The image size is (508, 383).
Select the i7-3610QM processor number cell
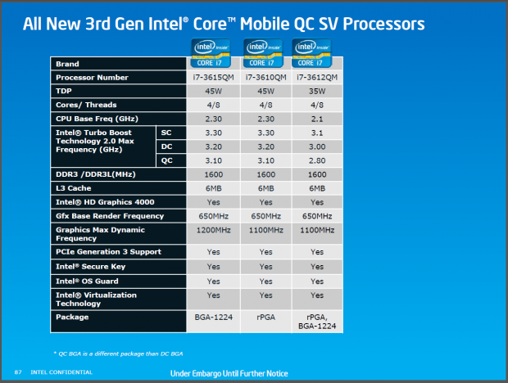pyautogui.click(x=265, y=78)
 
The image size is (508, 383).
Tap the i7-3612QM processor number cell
pyautogui.click(x=317, y=78)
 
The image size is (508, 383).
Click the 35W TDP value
pyautogui.click(x=317, y=91)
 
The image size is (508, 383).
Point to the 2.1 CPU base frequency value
pyautogui.click(x=317, y=118)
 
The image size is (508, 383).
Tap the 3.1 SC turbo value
pyautogui.click(x=317, y=132)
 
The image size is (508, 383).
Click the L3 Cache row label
pyautogui.click(x=74, y=188)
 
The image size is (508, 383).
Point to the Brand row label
pyautogui.click(x=67, y=63)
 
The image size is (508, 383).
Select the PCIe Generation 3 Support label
pyautogui.click(x=108, y=251)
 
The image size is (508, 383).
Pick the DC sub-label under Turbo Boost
pyautogui.click(x=166, y=146)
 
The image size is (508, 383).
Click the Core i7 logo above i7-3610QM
pyautogui.click(x=265, y=52)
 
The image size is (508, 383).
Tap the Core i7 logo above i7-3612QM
pyautogui.click(x=316, y=52)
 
